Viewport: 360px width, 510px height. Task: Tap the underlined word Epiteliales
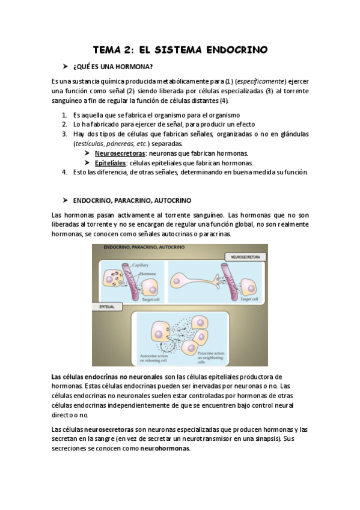click(111, 163)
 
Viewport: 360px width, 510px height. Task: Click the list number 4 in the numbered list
click(64, 172)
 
